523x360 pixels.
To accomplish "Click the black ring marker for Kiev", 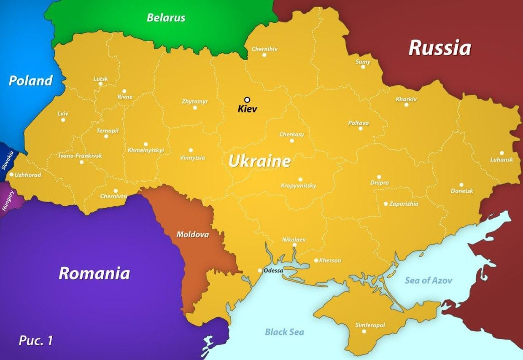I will (x=247, y=100).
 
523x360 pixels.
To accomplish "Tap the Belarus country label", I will (x=166, y=18).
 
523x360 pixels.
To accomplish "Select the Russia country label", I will (x=439, y=48).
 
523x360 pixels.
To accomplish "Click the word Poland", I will (x=31, y=81).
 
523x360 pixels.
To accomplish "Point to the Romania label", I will (x=94, y=273).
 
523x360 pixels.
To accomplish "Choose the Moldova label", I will (x=192, y=234).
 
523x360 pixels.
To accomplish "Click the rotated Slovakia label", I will (x=8, y=160).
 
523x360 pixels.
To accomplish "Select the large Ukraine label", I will (x=259, y=161).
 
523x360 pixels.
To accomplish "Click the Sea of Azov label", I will (x=429, y=280).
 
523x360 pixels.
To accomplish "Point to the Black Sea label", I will (x=284, y=332).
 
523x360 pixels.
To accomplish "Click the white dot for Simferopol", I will (x=364, y=331).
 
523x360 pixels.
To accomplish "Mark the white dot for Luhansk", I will (x=502, y=153).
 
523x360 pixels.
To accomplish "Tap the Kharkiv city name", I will (x=406, y=99).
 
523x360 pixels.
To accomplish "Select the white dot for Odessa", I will (x=260, y=271).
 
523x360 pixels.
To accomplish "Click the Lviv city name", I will (x=63, y=113).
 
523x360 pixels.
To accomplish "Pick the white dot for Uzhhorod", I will (x=11, y=175).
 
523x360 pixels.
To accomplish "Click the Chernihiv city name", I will (x=264, y=49).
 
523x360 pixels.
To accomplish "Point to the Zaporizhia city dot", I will (x=386, y=204).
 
